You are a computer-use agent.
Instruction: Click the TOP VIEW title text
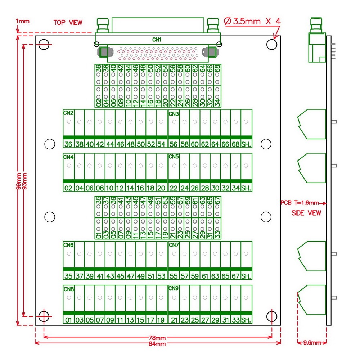[68, 22]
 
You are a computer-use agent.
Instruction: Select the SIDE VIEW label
[306, 213]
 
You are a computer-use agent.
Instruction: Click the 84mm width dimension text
[157, 344]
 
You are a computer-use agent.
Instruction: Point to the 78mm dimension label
[157, 338]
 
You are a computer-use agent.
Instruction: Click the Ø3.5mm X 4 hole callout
[252, 21]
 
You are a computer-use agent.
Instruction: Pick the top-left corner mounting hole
[44, 45]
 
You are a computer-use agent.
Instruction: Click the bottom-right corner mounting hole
[272, 316]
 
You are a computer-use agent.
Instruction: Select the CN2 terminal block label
[68, 113]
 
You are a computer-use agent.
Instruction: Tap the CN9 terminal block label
[174, 288]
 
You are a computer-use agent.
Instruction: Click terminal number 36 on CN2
[68, 144]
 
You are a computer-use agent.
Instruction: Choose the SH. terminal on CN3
[246, 144]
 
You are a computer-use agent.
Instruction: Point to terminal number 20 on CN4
[161, 188]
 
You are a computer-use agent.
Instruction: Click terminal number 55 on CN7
[174, 276]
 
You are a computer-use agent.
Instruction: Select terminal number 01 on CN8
[68, 320]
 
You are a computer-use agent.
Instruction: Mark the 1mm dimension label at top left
[23, 21]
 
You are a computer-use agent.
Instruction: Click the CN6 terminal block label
[68, 245]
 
